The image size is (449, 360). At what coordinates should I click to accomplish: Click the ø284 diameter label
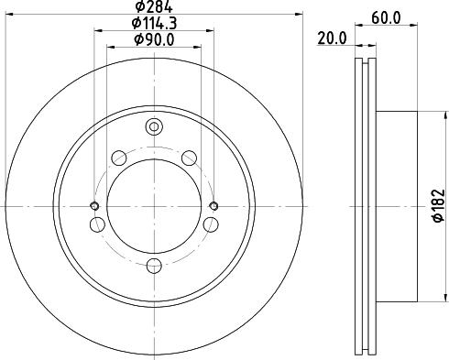(x=153, y=9)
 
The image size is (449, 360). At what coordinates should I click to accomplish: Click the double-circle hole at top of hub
(x=154, y=126)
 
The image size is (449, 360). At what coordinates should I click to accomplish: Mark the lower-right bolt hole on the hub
(x=211, y=224)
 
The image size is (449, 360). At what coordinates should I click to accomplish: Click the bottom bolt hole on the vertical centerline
(x=154, y=266)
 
